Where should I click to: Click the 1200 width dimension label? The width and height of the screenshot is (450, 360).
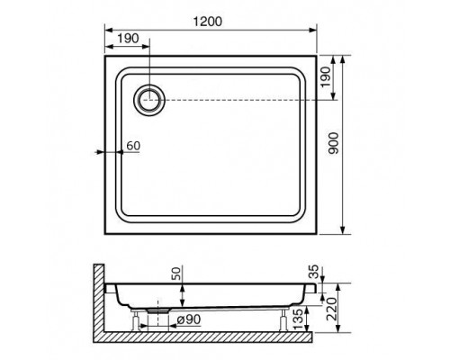[208, 22]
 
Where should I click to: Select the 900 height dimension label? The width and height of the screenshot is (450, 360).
[333, 143]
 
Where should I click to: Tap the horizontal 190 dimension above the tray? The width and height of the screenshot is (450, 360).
[128, 39]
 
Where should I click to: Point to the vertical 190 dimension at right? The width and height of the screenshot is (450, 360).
[326, 77]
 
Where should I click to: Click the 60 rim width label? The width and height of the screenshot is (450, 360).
[133, 146]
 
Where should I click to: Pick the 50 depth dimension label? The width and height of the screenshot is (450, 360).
[176, 274]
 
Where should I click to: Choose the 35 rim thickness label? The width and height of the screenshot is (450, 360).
[313, 272]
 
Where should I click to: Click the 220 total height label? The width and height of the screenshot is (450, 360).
[331, 309]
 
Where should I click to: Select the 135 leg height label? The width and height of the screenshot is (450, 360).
[299, 319]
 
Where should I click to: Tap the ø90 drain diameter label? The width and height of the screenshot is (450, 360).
[189, 319]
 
